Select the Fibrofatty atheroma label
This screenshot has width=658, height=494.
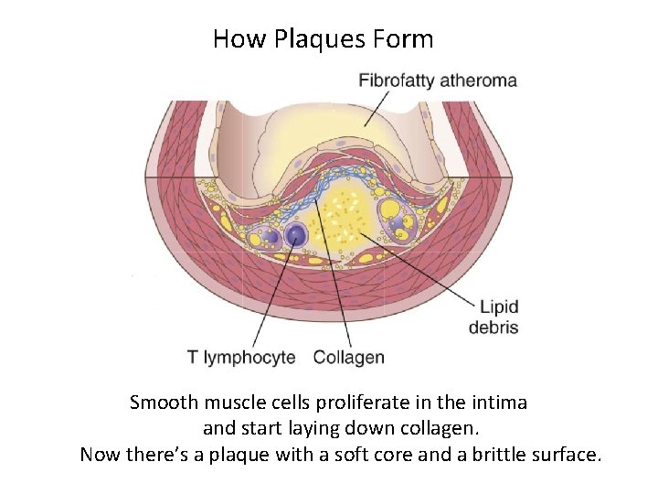pos(437,80)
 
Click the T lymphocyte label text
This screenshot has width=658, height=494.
pos(241,357)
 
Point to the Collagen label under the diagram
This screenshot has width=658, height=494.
pos(348,357)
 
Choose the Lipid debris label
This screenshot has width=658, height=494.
pos(493,317)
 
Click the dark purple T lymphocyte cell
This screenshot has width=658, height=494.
pos(295,235)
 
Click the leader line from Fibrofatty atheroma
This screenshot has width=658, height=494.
pos(385,105)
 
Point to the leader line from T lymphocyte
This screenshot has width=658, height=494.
pos(274,293)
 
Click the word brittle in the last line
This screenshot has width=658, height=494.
pos(500,454)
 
